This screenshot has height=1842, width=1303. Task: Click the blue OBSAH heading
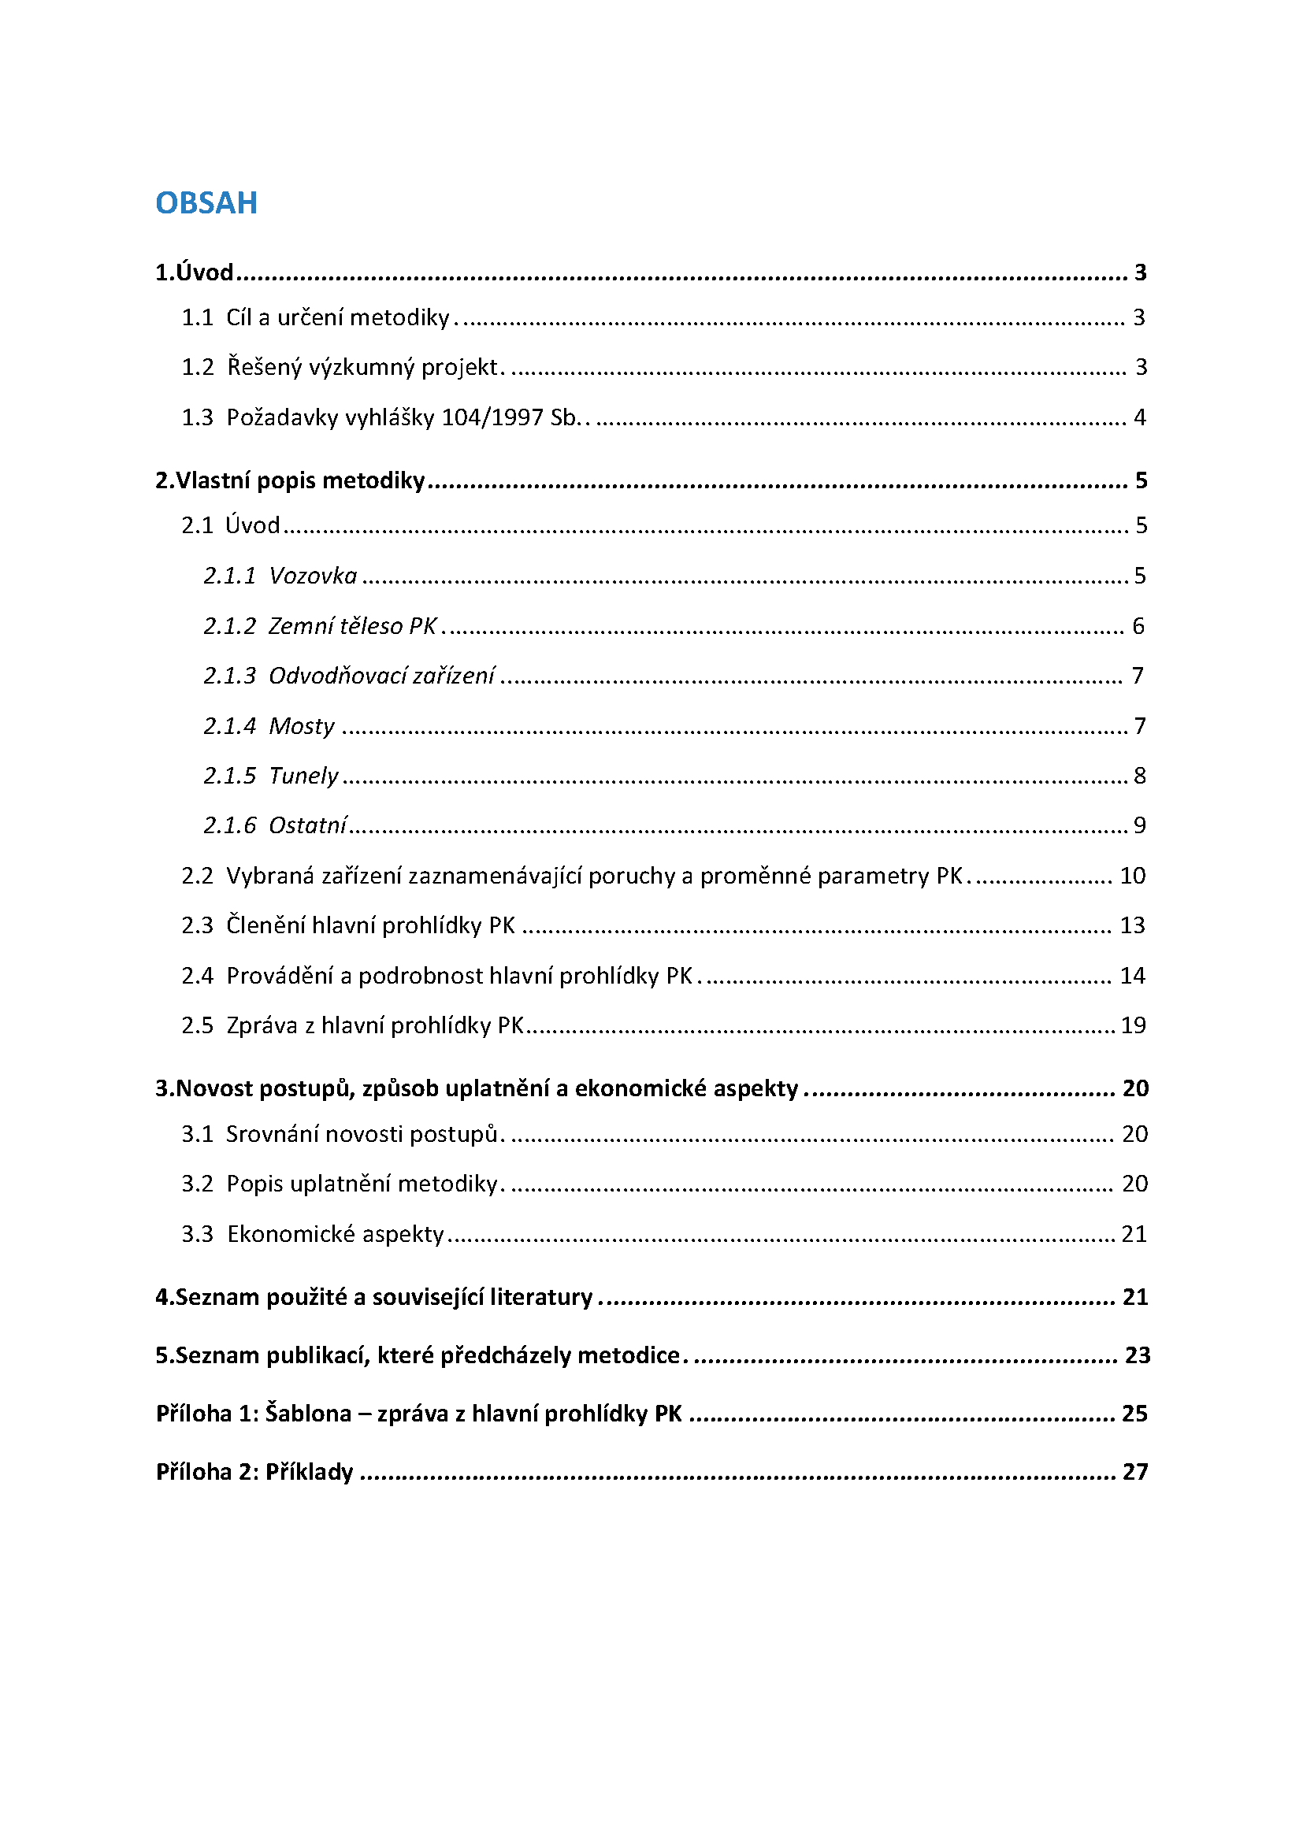206,203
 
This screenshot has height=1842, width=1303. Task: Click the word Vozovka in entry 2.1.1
313,576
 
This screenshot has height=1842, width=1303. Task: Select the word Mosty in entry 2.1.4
302,726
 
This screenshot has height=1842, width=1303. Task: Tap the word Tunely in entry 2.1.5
303,776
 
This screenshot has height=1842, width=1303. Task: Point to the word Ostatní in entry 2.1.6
307,825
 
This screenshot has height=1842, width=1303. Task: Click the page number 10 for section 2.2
1133,876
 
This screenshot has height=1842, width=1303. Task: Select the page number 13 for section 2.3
1133,926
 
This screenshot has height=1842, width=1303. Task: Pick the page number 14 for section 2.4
1133,976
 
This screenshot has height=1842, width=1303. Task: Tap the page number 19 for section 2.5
1133,1025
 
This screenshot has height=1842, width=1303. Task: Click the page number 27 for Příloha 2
1135,1472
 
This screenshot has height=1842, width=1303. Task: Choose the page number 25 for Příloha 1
1134,1414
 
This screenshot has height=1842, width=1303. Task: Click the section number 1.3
198,418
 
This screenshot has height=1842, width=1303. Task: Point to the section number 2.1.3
229,676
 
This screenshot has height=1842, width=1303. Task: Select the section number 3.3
198,1234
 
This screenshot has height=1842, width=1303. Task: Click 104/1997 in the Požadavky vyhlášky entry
492,418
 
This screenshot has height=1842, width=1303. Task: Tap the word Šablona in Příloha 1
308,1414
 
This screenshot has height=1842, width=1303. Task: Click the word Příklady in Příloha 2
310,1472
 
